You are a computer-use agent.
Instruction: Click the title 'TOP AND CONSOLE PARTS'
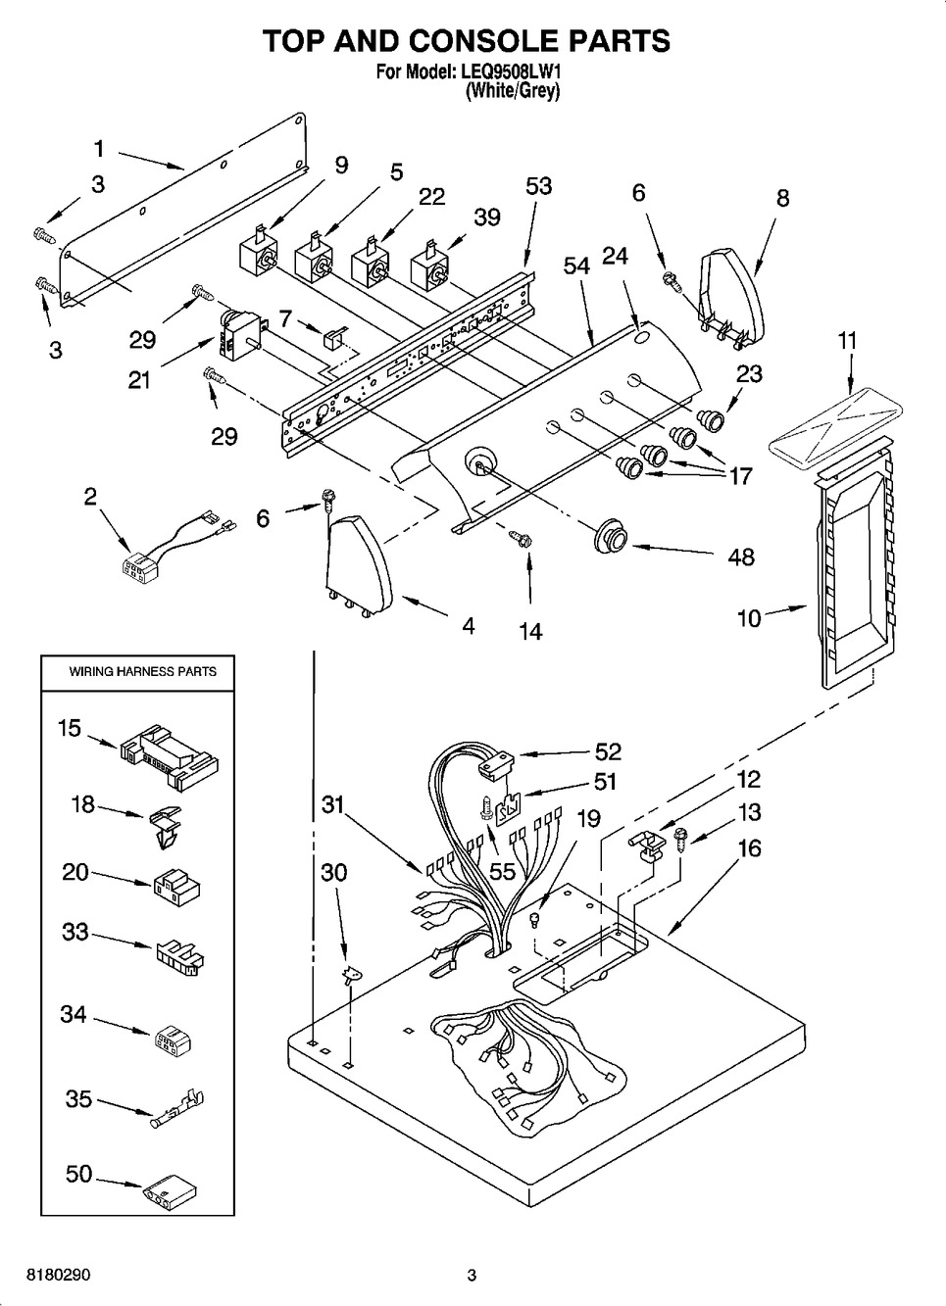point(466,40)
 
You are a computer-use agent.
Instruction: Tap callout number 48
point(741,556)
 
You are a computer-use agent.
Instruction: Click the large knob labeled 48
point(611,537)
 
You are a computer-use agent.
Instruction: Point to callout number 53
point(538,186)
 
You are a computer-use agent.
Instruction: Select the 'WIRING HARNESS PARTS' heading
point(143,671)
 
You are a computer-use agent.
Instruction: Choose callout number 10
point(749,619)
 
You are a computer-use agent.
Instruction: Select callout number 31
point(333,803)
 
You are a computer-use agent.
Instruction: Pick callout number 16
point(749,847)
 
